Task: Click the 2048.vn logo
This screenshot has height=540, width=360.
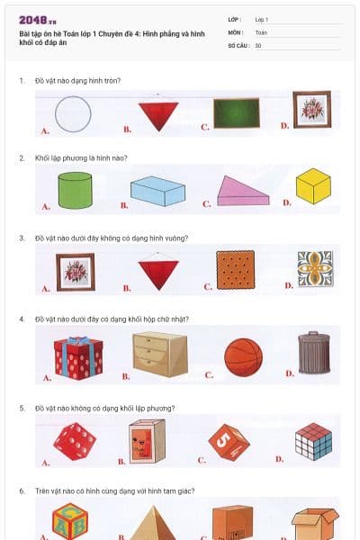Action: click(38, 21)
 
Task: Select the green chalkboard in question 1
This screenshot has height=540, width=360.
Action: click(237, 113)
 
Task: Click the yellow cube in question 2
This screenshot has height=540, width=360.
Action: click(313, 186)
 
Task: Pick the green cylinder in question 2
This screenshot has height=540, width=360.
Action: click(75, 191)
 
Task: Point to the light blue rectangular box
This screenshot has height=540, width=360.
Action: click(157, 191)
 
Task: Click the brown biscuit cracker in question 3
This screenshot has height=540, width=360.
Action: click(236, 270)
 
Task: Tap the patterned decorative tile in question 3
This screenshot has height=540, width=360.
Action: click(316, 268)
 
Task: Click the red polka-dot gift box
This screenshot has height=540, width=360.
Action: click(78, 358)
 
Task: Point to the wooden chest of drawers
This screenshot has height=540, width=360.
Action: click(160, 354)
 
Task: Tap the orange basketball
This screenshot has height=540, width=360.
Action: click(243, 357)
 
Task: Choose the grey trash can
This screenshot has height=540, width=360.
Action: click(314, 353)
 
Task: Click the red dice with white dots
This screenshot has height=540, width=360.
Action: click(75, 442)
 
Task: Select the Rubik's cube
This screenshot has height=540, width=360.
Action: click(314, 442)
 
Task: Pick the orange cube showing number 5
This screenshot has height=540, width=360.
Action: click(229, 443)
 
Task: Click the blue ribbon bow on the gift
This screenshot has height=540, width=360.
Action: click(79, 340)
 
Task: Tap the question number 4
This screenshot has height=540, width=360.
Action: click(22, 319)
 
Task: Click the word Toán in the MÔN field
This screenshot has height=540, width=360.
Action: click(261, 32)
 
